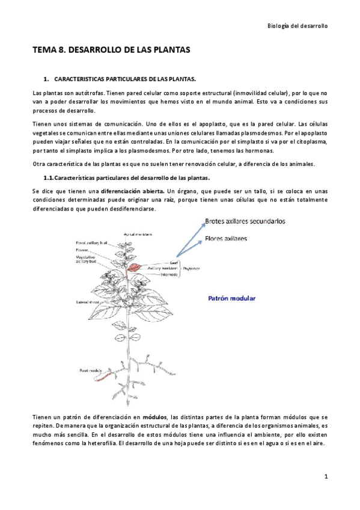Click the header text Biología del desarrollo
point(297,26)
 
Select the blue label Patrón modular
point(231,298)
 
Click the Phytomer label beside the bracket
point(192,268)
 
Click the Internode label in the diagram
point(169,274)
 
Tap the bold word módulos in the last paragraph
point(154,417)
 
